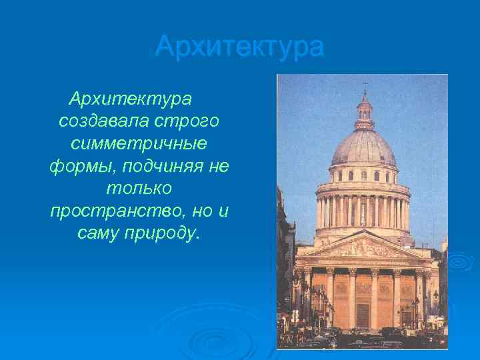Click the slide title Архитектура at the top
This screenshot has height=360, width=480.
(x=239, y=47)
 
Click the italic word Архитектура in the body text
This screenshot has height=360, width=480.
(x=130, y=100)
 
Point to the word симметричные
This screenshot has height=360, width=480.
(x=139, y=144)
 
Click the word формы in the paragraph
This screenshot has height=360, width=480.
(x=75, y=167)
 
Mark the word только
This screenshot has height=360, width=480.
(x=139, y=189)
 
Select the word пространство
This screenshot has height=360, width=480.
(x=111, y=211)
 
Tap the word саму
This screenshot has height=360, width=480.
(x=100, y=233)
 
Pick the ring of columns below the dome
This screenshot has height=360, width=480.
(x=364, y=211)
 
